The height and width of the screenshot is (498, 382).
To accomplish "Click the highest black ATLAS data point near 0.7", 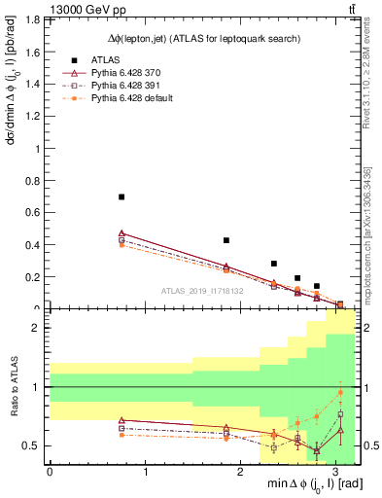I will point(122,196).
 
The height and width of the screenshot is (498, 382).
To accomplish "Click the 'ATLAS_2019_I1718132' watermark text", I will point(201,290).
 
